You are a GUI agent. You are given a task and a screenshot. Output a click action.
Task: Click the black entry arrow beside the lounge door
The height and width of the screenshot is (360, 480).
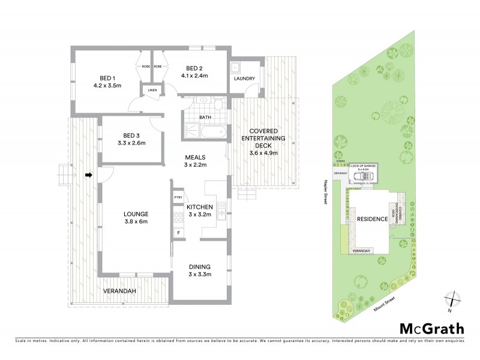point(88,176)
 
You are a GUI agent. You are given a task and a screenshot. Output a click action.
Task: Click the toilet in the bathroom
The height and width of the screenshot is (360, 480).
point(219,106)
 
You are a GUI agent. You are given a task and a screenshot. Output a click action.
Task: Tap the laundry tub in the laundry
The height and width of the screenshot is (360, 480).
point(236,67)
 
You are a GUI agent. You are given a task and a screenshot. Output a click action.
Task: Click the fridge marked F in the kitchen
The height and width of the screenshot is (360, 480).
point(178,232)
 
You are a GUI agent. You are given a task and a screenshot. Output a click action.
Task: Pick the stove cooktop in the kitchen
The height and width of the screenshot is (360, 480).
point(178,217)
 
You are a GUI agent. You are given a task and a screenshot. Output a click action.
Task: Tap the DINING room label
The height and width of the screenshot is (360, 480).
point(199,267)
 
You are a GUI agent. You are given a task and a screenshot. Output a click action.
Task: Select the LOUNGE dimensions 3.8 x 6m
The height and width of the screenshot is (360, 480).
point(136,221)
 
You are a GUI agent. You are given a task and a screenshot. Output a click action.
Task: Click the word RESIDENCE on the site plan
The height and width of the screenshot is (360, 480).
point(371,219)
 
